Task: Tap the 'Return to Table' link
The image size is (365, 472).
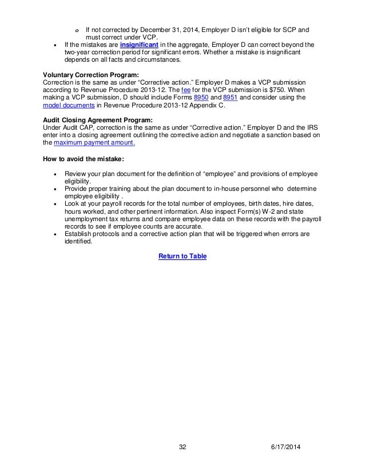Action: (182, 256)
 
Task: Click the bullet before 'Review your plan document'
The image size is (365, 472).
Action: (54, 174)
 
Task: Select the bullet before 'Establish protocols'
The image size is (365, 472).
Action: (54, 233)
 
